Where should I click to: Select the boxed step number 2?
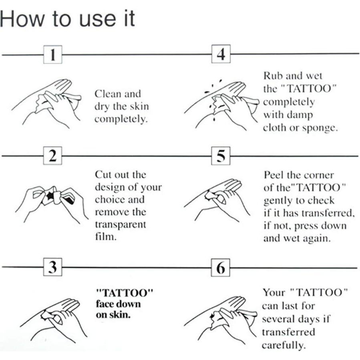coord(52,156)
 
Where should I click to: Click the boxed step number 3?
coord(52,267)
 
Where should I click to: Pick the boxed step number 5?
coord(221,156)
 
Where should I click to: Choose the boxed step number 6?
coord(221,267)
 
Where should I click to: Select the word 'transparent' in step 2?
coord(120,224)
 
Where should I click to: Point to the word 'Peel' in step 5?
coord(272,175)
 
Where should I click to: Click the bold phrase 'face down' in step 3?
coord(118,303)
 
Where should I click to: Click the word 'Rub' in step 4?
coord(271,76)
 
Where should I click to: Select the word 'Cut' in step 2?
coord(102,175)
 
